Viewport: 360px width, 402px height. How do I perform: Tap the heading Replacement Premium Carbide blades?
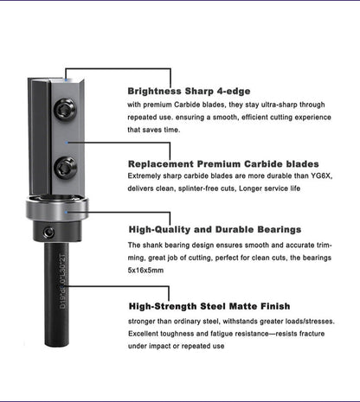pos(223,163)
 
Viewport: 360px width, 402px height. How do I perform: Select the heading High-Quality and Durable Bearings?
pos(215,230)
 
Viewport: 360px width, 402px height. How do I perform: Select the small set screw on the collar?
pos(49,232)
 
